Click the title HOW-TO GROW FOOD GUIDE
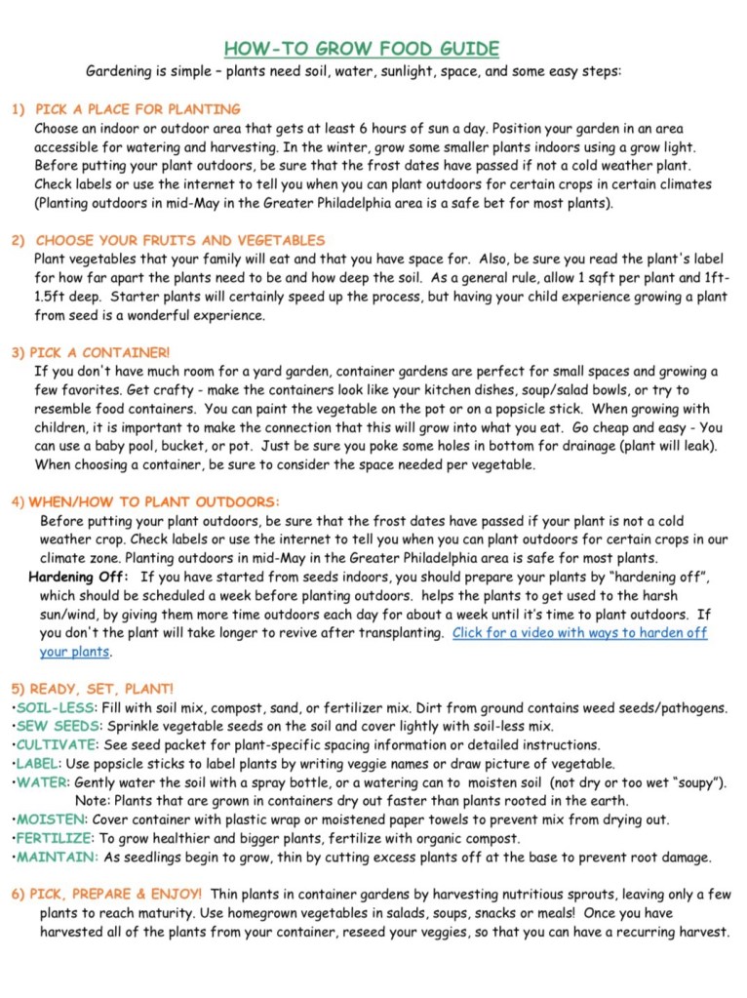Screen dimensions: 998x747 pyautogui.click(x=361, y=49)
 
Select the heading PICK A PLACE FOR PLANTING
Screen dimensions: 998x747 pyautogui.click(x=138, y=109)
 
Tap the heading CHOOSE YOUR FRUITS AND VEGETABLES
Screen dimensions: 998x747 pyautogui.click(x=180, y=240)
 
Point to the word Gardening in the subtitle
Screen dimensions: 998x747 pyautogui.click(x=122, y=71)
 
